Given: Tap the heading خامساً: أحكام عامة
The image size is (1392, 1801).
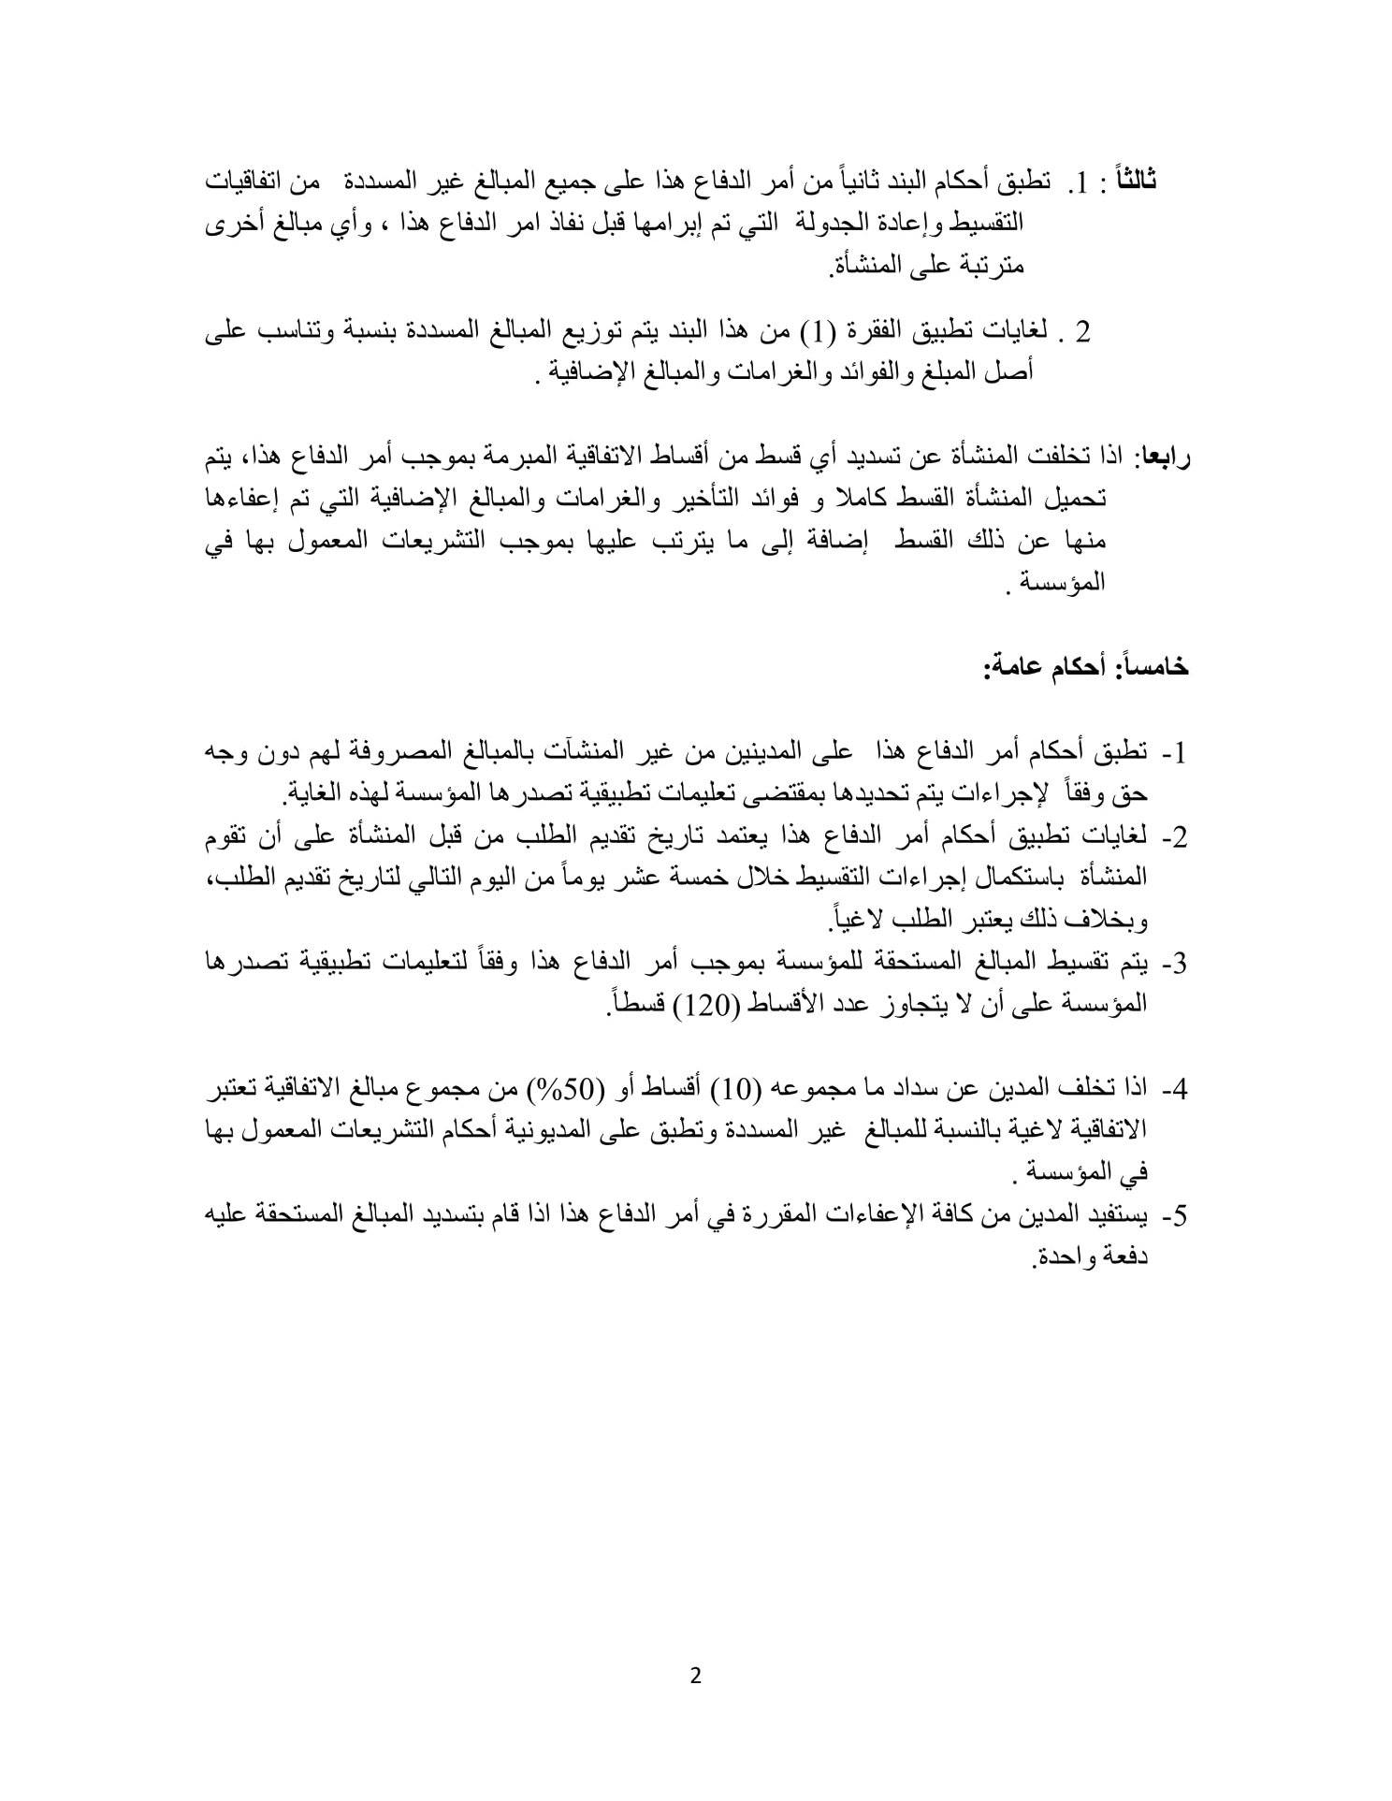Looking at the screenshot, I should [x=1085, y=666].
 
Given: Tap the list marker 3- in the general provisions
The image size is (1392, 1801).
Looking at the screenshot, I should [x=1173, y=963].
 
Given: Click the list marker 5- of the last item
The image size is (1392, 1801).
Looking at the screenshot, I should [x=1173, y=1215].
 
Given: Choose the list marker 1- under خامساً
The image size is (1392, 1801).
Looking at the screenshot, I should [x=1173, y=752].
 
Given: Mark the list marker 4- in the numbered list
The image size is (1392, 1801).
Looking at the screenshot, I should [x=1173, y=1089].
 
